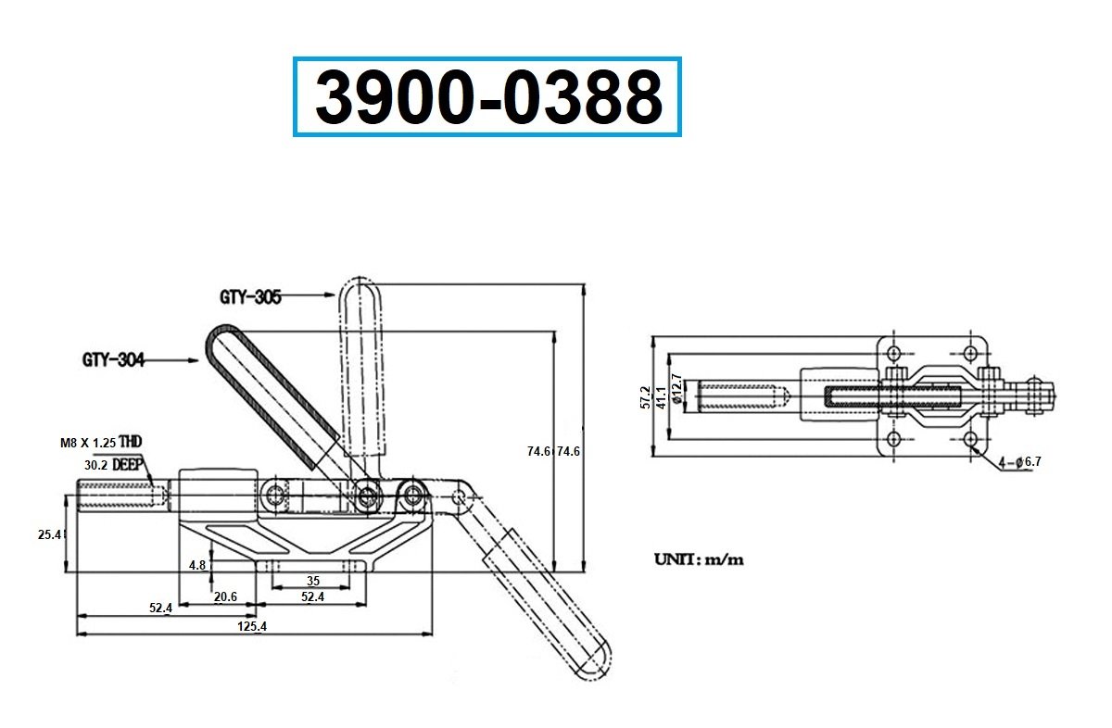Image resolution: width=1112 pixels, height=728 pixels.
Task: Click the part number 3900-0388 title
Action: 488,96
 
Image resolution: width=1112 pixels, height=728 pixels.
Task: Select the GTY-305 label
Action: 250,297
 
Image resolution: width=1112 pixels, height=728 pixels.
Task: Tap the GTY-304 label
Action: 113,359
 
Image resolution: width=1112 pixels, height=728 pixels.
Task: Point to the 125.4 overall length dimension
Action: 252,626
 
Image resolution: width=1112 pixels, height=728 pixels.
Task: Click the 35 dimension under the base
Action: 313,581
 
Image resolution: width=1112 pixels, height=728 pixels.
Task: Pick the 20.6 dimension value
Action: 225,596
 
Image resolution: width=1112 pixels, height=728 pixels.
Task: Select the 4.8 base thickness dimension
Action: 197,565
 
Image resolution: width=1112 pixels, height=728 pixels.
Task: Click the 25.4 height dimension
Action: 50,534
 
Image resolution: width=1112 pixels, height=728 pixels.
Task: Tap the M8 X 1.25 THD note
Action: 101,442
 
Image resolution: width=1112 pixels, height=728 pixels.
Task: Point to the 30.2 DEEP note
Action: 114,465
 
